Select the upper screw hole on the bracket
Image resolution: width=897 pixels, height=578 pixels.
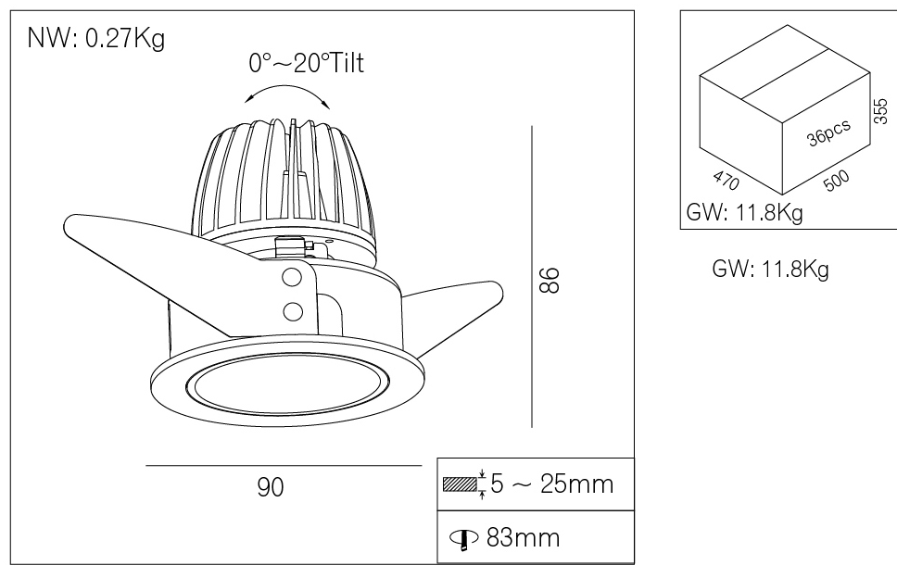click(x=292, y=276)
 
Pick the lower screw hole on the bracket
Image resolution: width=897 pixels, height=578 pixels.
click(x=292, y=309)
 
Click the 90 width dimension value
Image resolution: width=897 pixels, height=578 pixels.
click(x=270, y=486)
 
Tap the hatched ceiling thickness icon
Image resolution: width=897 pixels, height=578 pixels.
click(x=462, y=484)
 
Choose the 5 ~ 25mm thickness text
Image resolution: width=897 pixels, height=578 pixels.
click(x=550, y=484)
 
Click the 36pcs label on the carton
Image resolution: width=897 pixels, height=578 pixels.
click(x=828, y=136)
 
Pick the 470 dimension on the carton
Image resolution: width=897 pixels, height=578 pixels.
click(x=727, y=179)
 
